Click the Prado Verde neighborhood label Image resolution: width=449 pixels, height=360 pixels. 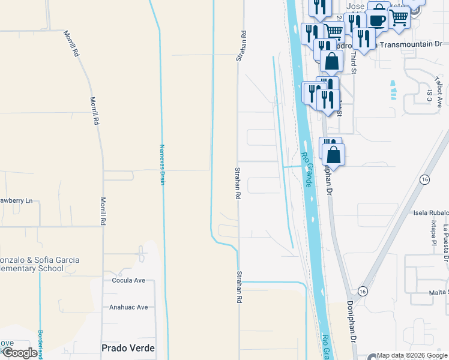click(x=128, y=348)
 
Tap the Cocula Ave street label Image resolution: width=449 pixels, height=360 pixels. click(x=129, y=280)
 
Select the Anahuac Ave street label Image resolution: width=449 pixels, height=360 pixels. click(x=128, y=307)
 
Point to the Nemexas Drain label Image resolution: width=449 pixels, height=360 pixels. click(x=161, y=164)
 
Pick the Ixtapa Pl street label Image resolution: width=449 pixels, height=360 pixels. click(x=432, y=233)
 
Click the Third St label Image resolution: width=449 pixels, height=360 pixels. click(x=354, y=62)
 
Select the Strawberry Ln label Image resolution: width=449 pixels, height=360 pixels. click(x=15, y=200)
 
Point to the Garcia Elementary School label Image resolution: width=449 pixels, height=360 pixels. click(x=36, y=265)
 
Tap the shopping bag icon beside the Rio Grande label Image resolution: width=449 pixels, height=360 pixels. click(x=334, y=154)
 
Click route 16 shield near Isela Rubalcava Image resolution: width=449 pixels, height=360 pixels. click(x=424, y=179)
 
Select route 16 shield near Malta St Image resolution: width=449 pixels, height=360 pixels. click(x=362, y=290)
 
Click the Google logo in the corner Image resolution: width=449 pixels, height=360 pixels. click(x=19, y=353)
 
